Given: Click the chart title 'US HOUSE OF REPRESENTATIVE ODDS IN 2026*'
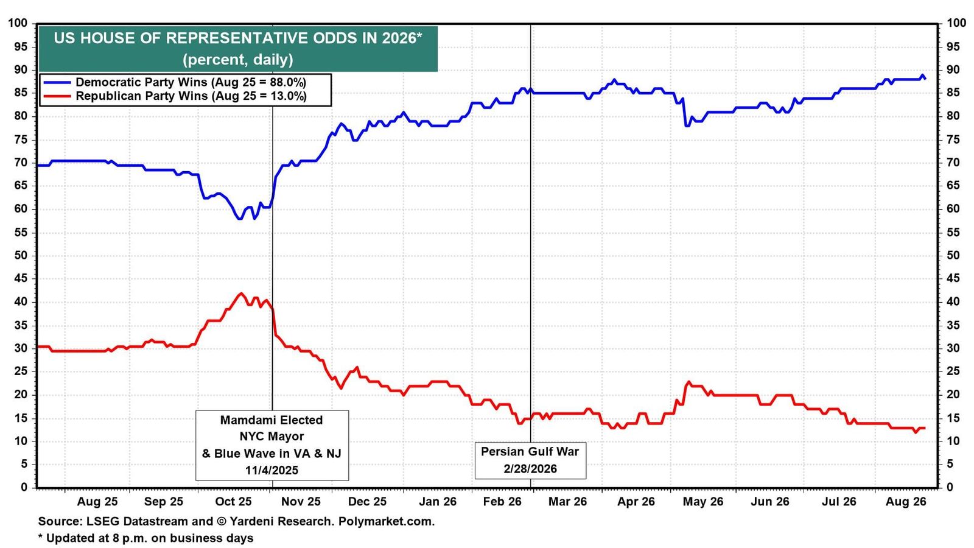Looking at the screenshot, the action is point(238,38).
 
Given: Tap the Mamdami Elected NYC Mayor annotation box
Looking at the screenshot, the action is point(272,445).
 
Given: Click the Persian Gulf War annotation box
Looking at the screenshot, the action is point(530,460).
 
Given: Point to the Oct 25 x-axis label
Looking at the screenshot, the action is point(234,502).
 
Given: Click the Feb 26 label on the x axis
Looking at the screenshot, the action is point(502,502).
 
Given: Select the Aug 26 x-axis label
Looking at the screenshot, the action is point(906,502).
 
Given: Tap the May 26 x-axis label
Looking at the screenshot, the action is point(703,502).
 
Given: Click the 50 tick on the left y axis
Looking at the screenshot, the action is point(21,255).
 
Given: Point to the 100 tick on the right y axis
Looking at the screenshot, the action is point(956,23).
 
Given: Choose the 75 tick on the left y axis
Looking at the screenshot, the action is point(21,139).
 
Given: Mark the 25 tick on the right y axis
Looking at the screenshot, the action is point(953,371).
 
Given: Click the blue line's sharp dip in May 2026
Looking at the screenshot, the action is point(687,125).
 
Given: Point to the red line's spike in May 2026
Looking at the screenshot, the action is point(688,382).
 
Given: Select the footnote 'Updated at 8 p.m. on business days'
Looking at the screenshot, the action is point(150,538).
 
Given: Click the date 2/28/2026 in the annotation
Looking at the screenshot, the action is point(530,469).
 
